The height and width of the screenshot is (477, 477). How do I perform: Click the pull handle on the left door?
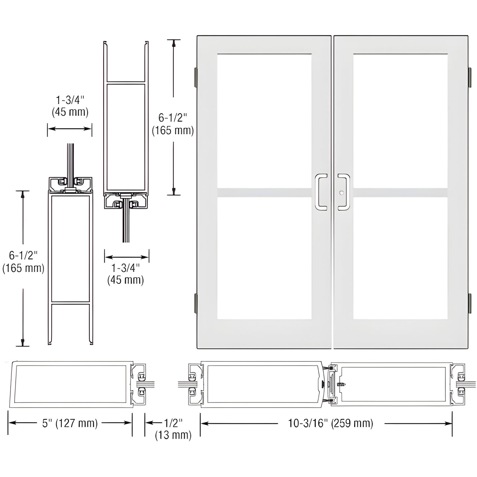click(320, 192)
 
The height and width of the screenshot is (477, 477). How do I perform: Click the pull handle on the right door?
click(344, 192)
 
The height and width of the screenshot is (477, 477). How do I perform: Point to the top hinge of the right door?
click(469, 77)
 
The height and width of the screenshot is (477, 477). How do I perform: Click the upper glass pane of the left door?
click(264, 121)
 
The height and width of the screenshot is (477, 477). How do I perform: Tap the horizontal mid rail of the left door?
click(264, 193)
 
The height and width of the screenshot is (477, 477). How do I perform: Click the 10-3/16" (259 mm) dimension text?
click(331, 423)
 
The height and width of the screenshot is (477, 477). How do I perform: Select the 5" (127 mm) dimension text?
click(70, 423)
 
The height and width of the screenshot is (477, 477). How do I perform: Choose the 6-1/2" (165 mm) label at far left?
click(23, 261)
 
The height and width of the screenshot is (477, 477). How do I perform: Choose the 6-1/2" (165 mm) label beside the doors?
click(173, 124)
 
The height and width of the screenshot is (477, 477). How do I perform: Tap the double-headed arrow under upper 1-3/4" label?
click(70, 128)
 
